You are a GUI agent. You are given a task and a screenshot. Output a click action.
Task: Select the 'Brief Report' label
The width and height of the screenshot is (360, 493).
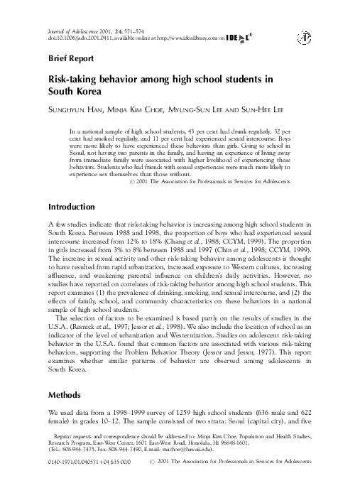72,59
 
